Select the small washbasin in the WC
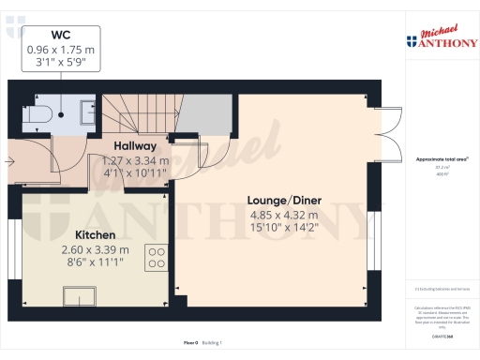(83, 109)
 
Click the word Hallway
(135, 147)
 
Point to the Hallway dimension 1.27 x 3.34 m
(134, 160)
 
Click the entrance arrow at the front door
(10, 161)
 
